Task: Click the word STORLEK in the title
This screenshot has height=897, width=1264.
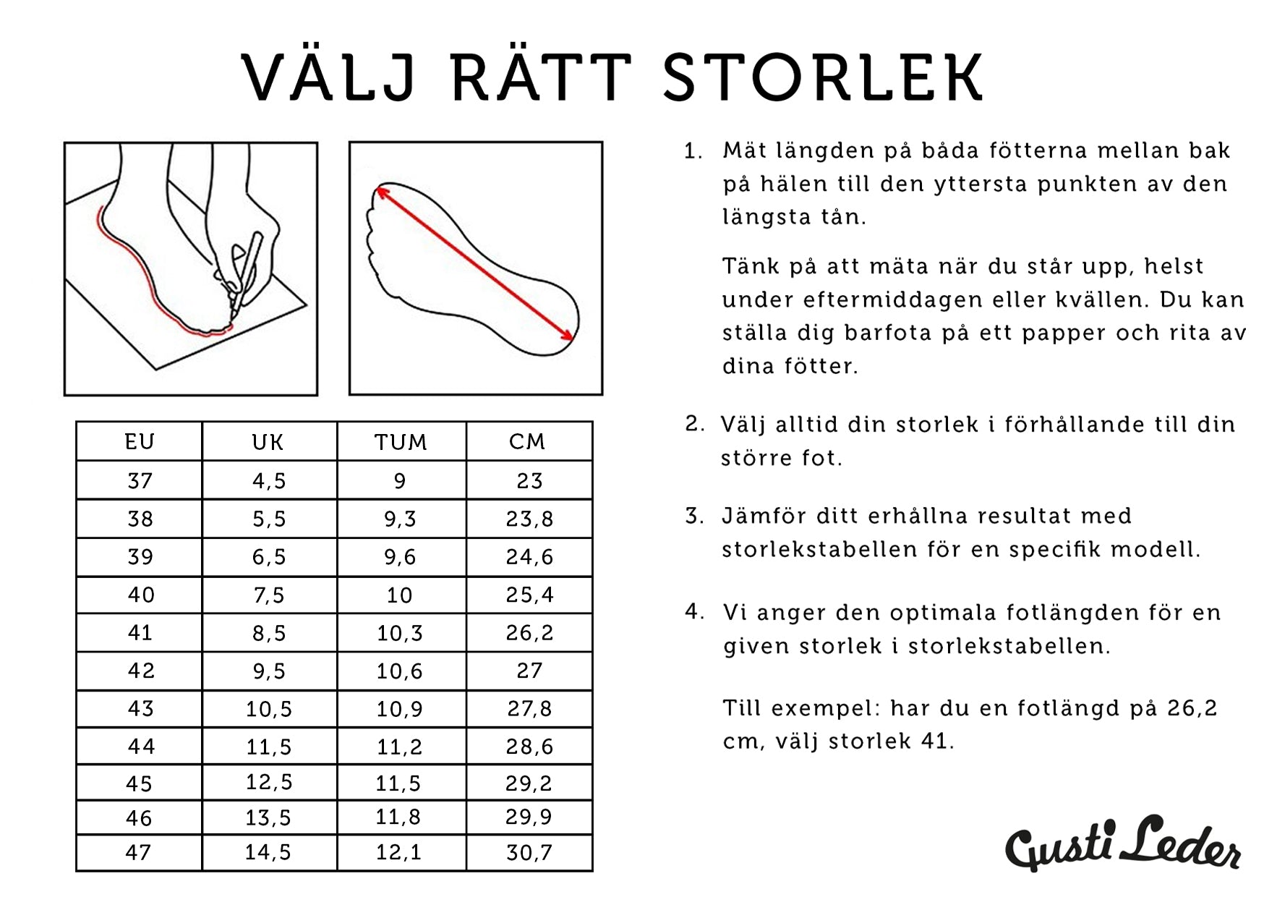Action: pos(823,76)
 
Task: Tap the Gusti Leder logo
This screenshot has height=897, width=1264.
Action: pos(1123,843)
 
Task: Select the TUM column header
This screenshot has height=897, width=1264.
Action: pos(401,442)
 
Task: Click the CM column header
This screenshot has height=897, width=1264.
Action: pos(527,441)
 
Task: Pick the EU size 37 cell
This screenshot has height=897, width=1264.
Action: pos(140,480)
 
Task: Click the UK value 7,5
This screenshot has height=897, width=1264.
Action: pos(269,595)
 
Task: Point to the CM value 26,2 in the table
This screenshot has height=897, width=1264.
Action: pos(529,632)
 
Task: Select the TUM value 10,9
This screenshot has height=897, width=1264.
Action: pos(399,708)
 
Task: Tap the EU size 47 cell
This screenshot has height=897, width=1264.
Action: pos(138,852)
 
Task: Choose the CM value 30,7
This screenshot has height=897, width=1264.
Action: pos(529,852)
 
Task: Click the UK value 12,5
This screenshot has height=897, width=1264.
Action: pos(268,783)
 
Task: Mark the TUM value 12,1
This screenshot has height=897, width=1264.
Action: pos(398,852)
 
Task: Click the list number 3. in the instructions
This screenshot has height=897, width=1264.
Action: pos(695,516)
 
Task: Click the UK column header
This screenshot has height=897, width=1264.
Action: pos(268,442)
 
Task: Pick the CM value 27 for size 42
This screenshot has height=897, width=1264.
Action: pos(529,671)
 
